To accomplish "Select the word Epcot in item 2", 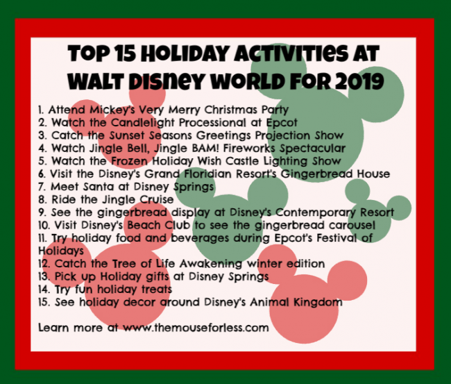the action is pos(282,123).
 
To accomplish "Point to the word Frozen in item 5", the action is pos(129,161).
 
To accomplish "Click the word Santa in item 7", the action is pos(99,187).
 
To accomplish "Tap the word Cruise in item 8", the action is pos(157,199).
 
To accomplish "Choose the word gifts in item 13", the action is pos(158,276).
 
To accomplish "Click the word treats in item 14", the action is pos(157,290).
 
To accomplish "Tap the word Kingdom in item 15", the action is pos(318,302).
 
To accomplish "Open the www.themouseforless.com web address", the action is pos(196,328).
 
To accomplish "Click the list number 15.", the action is pos(44,302).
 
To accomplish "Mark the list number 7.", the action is pos(42,187).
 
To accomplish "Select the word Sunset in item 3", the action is pos(128,135).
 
